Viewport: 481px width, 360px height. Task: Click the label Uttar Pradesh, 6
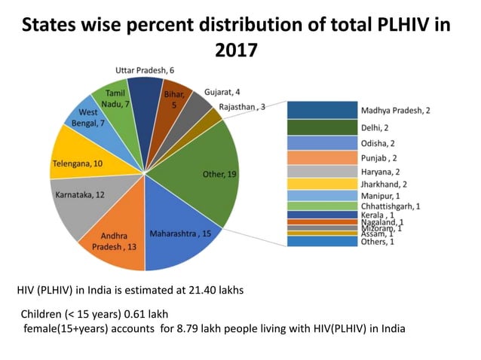point(145,69)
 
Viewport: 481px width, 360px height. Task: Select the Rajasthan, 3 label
point(240,108)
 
